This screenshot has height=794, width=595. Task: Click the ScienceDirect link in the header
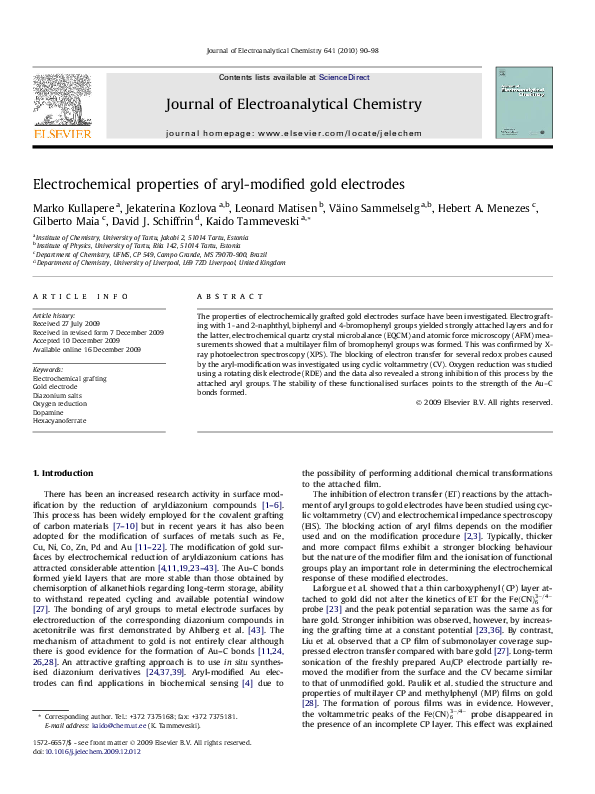coord(344,77)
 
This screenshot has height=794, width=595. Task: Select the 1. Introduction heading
coord(64,471)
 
